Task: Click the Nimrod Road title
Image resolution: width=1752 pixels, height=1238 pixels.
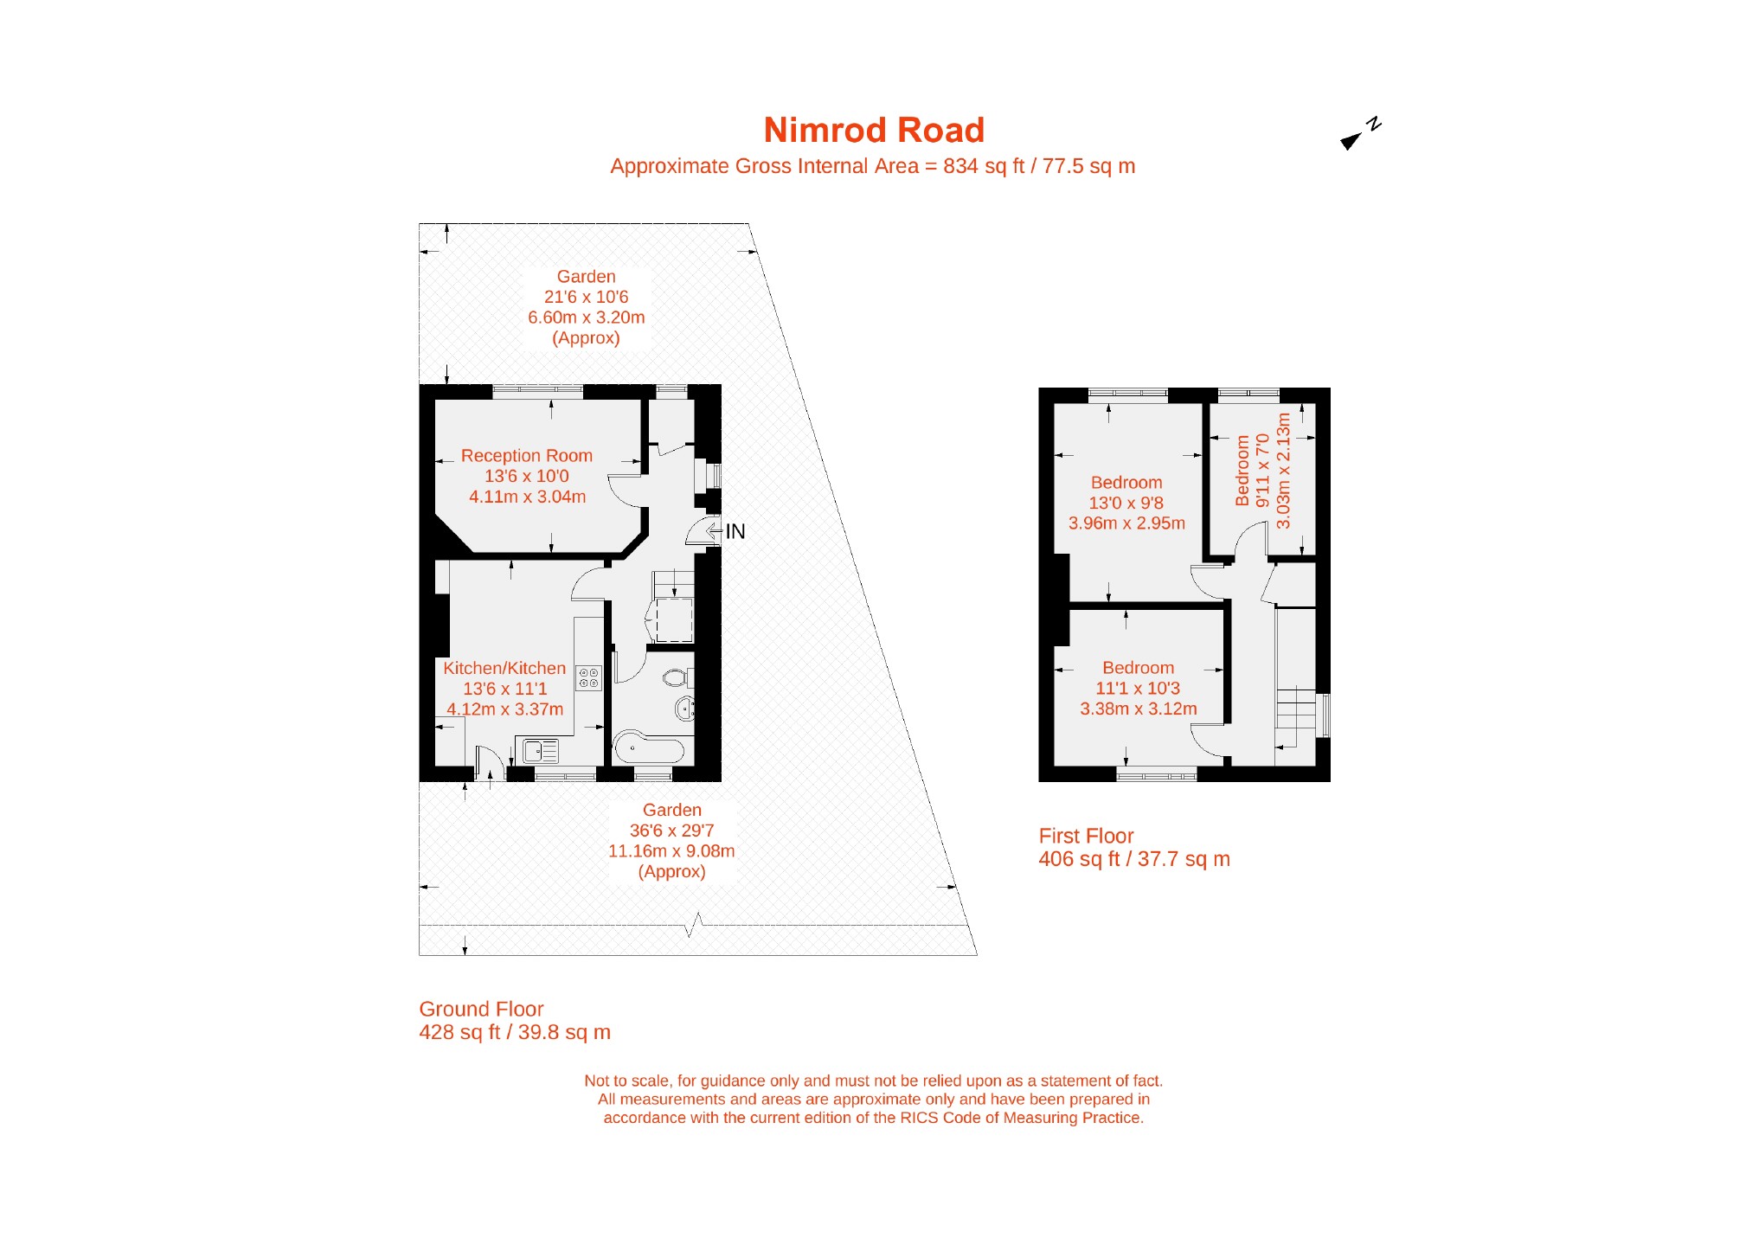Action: pyautogui.click(x=874, y=131)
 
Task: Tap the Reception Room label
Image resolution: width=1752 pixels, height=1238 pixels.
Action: pyautogui.click(x=526, y=456)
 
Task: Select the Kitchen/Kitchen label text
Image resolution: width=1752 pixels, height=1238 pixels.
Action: pyautogui.click(x=504, y=669)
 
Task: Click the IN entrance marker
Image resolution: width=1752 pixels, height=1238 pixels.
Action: pyautogui.click(x=735, y=531)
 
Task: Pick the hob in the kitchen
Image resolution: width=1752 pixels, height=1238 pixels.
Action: pyautogui.click(x=588, y=678)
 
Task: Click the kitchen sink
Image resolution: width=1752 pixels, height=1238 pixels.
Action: pyautogui.click(x=541, y=750)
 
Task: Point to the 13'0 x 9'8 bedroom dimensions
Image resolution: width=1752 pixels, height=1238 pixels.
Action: pyautogui.click(x=1126, y=504)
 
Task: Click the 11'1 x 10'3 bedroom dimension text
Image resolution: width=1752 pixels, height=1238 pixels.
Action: pyautogui.click(x=1138, y=689)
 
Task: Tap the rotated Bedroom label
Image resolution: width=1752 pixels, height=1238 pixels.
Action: pyautogui.click(x=1242, y=471)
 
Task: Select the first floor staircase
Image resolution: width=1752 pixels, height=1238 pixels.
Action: pyautogui.click(x=1295, y=718)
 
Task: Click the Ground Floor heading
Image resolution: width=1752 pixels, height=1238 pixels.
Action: pyautogui.click(x=481, y=1010)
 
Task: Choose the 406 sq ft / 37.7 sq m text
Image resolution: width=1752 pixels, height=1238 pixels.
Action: pyautogui.click(x=1133, y=860)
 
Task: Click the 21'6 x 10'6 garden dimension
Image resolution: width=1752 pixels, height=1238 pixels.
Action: pyautogui.click(x=586, y=298)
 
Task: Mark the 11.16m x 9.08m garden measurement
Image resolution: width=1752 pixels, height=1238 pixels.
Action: pyautogui.click(x=671, y=851)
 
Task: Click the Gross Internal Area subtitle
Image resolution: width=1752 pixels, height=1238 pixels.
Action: pyautogui.click(x=872, y=167)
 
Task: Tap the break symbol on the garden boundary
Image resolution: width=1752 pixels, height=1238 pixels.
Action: pyautogui.click(x=694, y=925)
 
